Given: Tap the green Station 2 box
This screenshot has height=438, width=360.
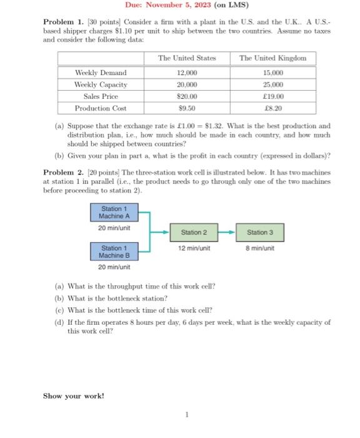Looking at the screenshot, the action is pyautogui.click(x=194, y=232).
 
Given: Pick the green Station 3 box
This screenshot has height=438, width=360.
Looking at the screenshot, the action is pyautogui.click(x=256, y=232).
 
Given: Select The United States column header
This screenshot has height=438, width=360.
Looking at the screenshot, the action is pyautogui.click(x=187, y=58).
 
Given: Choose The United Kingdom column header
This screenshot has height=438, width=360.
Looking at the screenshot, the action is pyautogui.click(x=272, y=58).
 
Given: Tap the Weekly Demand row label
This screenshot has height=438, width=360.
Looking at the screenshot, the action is pyautogui.click(x=101, y=73).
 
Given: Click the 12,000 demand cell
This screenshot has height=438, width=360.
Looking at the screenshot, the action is pyautogui.click(x=187, y=73).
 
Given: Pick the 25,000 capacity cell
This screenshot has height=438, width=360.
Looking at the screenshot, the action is pyautogui.click(x=273, y=84).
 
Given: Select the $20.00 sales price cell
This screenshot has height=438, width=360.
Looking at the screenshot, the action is pyautogui.click(x=187, y=96).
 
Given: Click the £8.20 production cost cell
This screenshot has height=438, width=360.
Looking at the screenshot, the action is pyautogui.click(x=273, y=108).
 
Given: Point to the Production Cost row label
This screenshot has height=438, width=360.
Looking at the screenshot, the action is pyautogui.click(x=101, y=108).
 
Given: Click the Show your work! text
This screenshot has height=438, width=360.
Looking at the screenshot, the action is pyautogui.click(x=74, y=395).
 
